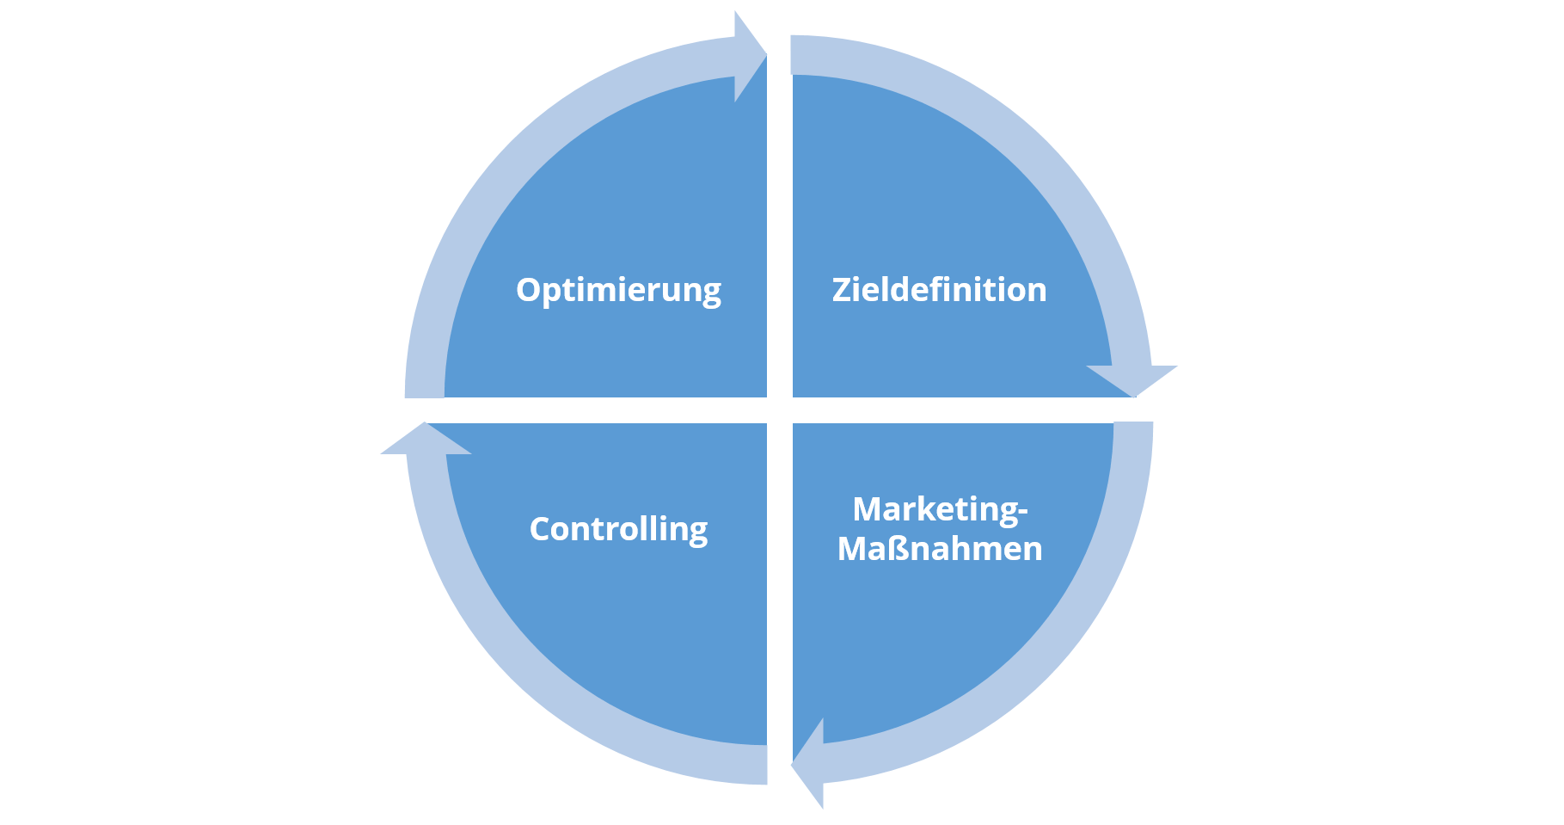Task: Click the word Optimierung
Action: pos(618,291)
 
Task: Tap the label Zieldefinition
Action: pos(939,289)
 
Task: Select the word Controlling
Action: pos(618,529)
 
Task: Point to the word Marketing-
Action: pos(940,510)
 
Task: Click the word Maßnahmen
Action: pos(940,549)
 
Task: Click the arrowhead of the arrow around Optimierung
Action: pos(750,57)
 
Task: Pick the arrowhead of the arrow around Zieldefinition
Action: pos(1132,380)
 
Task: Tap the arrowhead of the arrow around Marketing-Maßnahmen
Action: pos(808,763)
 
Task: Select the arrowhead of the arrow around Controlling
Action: pos(426,438)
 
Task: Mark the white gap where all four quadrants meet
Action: pos(779,409)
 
